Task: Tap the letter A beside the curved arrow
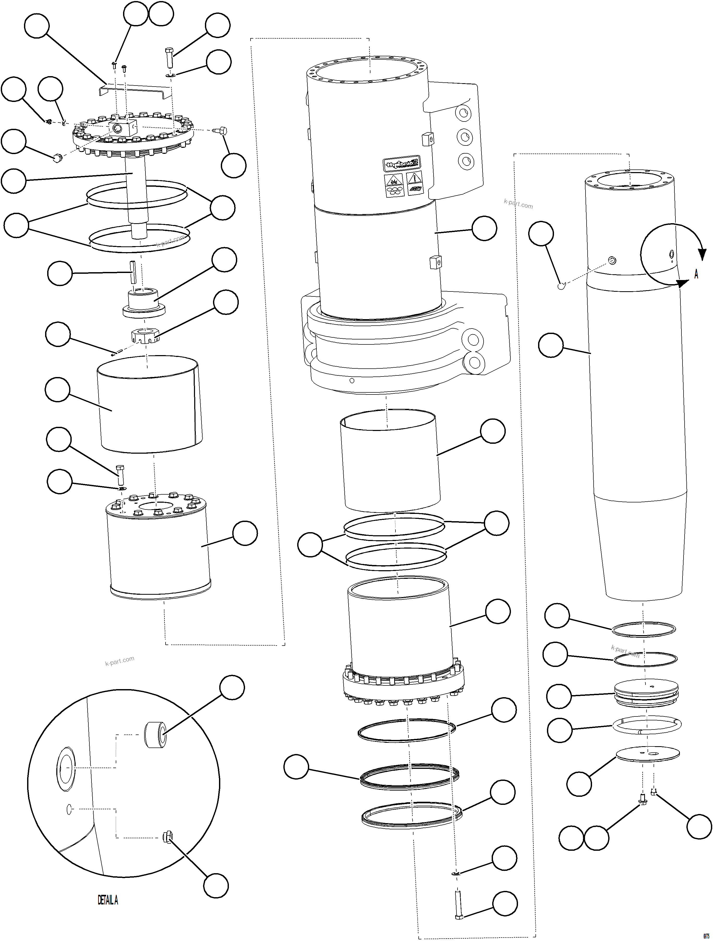tap(696, 274)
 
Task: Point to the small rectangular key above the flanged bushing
tap(133, 272)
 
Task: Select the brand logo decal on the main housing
tap(400, 164)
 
